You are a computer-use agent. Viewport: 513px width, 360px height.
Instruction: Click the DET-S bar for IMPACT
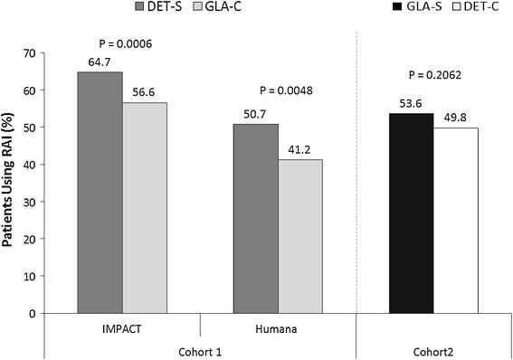pos(100,193)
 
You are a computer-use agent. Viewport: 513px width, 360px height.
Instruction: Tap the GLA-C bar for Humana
pos(299,236)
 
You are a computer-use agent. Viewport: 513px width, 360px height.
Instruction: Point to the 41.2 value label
pos(299,151)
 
